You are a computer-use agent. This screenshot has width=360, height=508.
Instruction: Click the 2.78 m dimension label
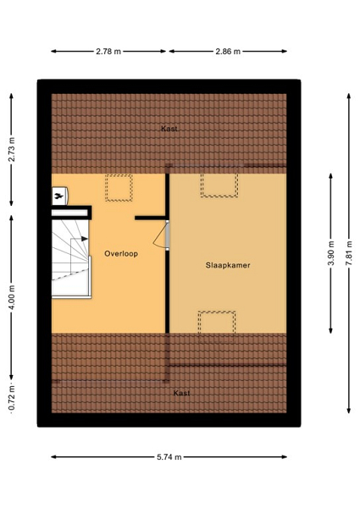click(108, 51)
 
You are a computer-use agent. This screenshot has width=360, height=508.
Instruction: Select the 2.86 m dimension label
click(228, 51)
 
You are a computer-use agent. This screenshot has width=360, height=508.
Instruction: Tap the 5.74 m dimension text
click(169, 457)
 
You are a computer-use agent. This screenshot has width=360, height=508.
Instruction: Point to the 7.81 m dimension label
click(349, 254)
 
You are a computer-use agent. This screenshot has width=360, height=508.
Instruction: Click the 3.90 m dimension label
click(331, 254)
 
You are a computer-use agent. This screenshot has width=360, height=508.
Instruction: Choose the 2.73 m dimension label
click(12, 149)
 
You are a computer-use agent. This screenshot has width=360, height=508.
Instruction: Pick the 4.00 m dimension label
click(12, 297)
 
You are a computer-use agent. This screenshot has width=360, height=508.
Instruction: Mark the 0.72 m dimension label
click(12, 399)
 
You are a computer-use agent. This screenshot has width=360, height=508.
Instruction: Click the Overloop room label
click(121, 254)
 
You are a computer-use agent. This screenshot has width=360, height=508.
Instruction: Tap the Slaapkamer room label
click(228, 265)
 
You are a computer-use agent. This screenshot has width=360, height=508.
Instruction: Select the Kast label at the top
click(169, 129)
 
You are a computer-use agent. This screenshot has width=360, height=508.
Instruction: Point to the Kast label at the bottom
click(181, 393)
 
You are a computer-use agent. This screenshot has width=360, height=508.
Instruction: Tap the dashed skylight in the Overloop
click(119, 188)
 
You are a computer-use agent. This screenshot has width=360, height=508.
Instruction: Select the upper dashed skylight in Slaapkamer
click(219, 185)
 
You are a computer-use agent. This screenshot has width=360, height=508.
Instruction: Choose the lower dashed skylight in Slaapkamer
click(217, 323)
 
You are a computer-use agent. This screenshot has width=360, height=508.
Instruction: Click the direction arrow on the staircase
click(80, 239)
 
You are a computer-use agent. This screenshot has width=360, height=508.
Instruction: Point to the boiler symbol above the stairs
click(59, 196)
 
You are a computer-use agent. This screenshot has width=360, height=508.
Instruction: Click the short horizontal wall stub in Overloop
click(150, 218)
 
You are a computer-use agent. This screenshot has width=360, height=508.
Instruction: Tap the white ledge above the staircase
click(69, 213)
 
